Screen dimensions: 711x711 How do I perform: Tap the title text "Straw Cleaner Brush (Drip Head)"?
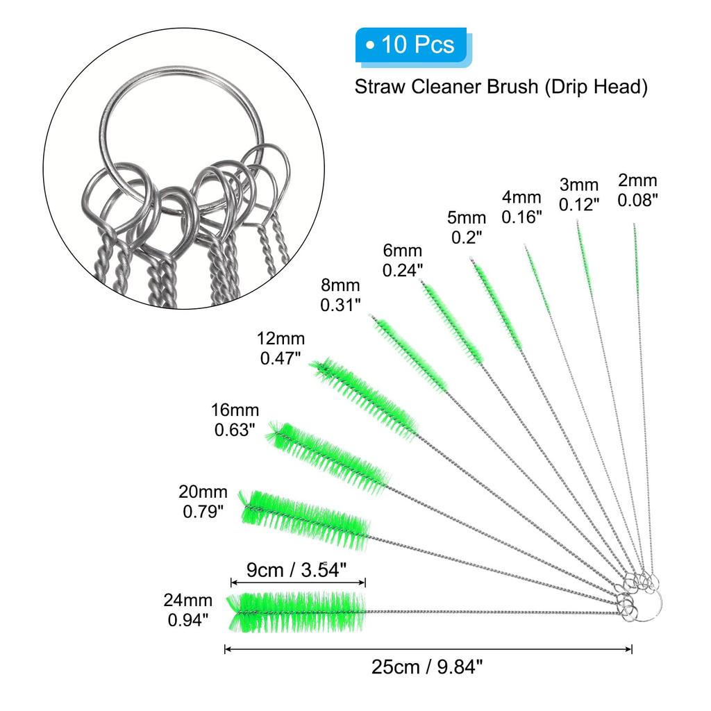501,87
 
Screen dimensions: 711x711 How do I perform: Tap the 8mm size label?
340,294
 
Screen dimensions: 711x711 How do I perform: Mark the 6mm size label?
403,259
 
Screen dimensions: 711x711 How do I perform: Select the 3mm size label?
579,194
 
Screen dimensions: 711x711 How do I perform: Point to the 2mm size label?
637,190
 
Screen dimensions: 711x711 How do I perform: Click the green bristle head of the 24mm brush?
296,611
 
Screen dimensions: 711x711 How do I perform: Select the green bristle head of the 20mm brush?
306,518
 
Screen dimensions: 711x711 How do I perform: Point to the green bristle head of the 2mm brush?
636,253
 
